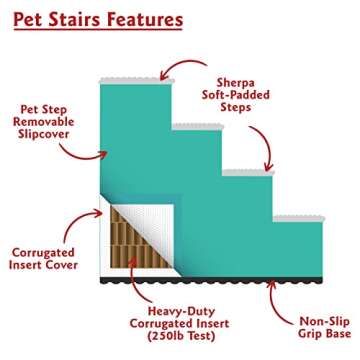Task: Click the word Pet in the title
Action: pyautogui.click(x=29, y=19)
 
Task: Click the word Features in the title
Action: pyautogui.click(x=146, y=19)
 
